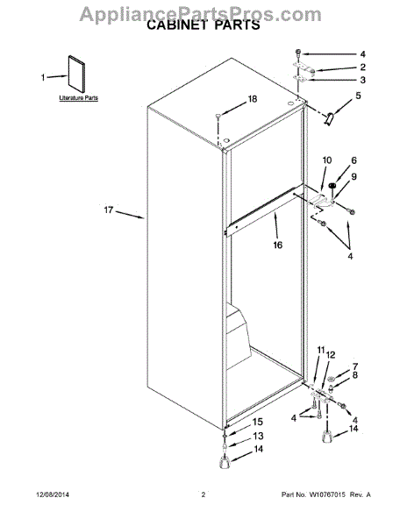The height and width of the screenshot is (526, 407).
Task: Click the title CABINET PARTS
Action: [203, 26]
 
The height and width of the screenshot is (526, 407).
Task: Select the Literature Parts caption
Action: [78, 99]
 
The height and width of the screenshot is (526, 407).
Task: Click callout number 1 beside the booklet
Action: [42, 77]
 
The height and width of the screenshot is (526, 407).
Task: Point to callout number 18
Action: [252, 99]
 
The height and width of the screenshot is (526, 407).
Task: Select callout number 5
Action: [357, 96]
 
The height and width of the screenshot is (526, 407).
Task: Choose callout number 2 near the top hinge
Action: [361, 67]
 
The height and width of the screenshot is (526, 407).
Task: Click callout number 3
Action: [361, 80]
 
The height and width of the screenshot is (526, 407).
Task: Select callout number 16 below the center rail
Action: [277, 245]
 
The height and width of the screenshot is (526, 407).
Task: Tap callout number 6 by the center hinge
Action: [353, 160]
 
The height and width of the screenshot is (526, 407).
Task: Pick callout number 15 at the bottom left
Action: [258, 422]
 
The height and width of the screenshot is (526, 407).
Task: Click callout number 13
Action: [258, 436]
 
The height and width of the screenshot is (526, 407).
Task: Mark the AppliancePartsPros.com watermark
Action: [203, 11]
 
